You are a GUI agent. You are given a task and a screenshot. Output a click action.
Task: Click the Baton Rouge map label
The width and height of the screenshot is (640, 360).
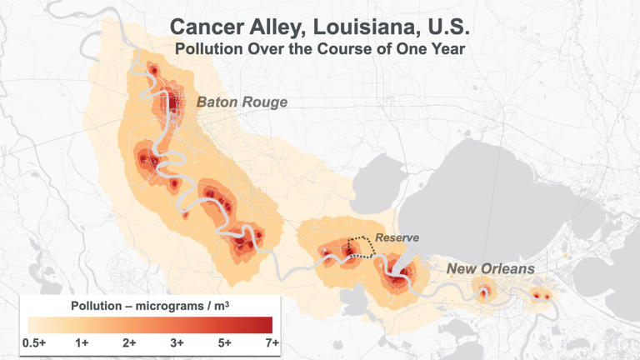click(242, 102)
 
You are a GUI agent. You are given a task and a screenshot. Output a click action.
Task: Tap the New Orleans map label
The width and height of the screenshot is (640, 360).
click(490, 268)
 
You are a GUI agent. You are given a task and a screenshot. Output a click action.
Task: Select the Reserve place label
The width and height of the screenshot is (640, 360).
click(397, 238)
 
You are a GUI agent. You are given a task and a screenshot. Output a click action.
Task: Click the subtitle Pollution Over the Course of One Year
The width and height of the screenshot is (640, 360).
click(319, 48)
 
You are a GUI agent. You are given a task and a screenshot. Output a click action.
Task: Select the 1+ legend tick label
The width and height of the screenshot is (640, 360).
click(82, 342)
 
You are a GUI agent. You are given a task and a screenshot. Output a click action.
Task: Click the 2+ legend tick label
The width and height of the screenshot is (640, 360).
click(130, 342)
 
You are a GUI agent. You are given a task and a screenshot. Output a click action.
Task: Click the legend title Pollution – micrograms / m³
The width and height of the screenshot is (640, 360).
click(150, 305)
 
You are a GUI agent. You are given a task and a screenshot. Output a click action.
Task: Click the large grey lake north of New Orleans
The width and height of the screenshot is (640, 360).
click(492, 183)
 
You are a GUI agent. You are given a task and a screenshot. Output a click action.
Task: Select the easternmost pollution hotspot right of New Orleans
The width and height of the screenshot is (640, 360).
click(542, 296)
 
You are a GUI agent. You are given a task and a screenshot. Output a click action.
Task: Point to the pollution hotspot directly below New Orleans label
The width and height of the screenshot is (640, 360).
click(483, 292)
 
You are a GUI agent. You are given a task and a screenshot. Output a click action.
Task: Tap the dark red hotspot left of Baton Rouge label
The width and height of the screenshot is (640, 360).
click(171, 103)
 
